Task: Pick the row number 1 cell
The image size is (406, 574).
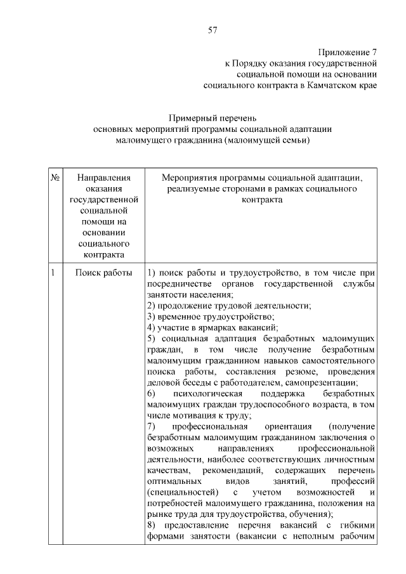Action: click(53, 273)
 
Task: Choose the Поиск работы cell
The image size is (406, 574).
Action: click(104, 273)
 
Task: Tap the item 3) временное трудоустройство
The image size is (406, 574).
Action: click(210, 316)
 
